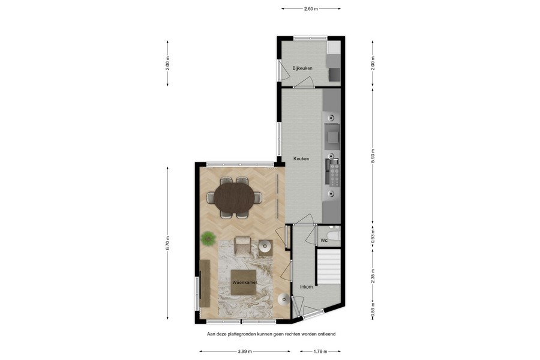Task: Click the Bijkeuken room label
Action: [302, 68]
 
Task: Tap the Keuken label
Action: [301, 158]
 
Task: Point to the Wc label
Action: [323, 241]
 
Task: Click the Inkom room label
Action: [306, 287]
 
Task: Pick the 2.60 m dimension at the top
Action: [311, 9]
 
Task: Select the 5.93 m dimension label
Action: [373, 155]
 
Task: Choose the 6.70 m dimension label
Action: [168, 243]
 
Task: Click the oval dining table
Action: [235, 197]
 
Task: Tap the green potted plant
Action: [208, 238]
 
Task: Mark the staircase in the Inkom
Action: [328, 267]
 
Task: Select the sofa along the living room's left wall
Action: [205, 284]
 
